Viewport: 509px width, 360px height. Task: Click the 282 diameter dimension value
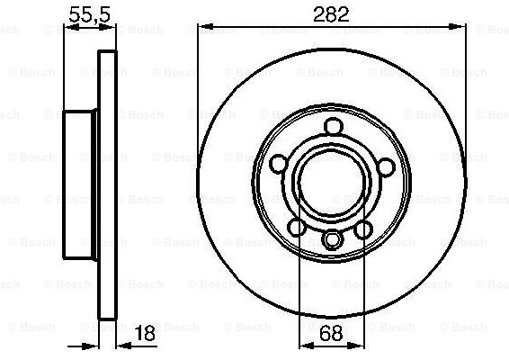[x=331, y=14]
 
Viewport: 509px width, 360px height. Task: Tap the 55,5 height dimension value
[x=90, y=15]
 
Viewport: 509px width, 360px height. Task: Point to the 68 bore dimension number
[x=331, y=333]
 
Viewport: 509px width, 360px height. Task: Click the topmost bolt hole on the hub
[x=334, y=126]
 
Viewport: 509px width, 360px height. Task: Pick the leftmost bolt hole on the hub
[x=279, y=164]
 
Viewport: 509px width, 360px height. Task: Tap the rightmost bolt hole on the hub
[x=387, y=166]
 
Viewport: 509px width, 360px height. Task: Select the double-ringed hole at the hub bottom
[x=333, y=239]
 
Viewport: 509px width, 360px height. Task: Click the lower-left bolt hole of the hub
[x=297, y=227]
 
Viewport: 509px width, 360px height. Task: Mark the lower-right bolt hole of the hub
[x=363, y=229]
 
